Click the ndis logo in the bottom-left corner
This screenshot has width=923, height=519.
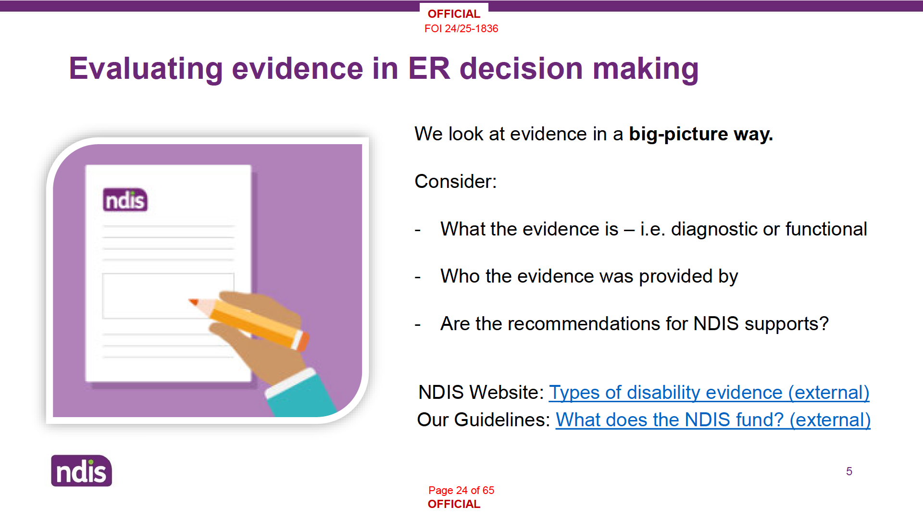[82, 471]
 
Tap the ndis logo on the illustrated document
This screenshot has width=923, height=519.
[125, 200]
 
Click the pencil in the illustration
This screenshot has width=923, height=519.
[249, 321]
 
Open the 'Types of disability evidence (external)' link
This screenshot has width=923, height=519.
[709, 393]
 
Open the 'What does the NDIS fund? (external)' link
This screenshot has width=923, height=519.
[713, 420]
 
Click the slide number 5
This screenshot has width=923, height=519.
[849, 471]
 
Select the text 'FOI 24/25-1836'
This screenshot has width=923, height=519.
[461, 29]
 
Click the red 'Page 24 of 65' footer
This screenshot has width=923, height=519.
[461, 490]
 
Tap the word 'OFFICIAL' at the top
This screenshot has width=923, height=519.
[454, 14]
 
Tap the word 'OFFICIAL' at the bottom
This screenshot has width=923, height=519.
[454, 504]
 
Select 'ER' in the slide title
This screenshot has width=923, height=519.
[429, 68]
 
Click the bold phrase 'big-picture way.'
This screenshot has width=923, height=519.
[701, 134]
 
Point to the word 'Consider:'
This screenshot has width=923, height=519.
[455, 182]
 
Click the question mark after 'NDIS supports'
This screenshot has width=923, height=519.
[824, 323]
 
